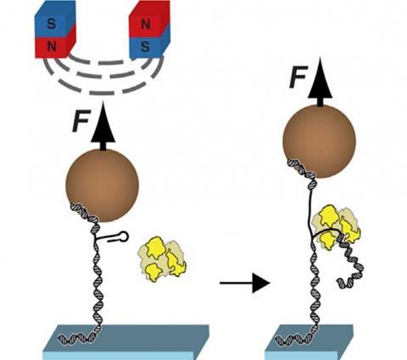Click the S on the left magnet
52,24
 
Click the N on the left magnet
52,46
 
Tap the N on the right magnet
145,25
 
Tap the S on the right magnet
145,47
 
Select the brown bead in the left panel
102,186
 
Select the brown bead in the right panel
319,141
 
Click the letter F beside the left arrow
81,121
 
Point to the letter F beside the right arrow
298,77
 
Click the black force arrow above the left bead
103,126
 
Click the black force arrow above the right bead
320,82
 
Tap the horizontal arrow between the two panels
245,283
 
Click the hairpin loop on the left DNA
124,236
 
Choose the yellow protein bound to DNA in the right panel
336,228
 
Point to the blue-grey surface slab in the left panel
125,342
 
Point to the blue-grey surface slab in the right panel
309,342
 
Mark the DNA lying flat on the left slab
76,337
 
